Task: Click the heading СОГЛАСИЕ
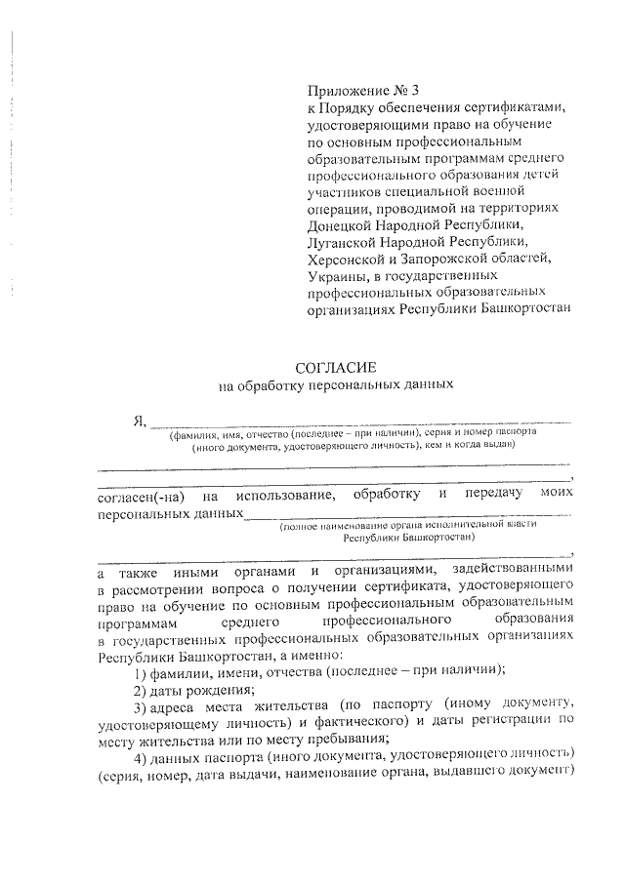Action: click(335, 367)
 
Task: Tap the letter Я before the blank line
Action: click(139, 421)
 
